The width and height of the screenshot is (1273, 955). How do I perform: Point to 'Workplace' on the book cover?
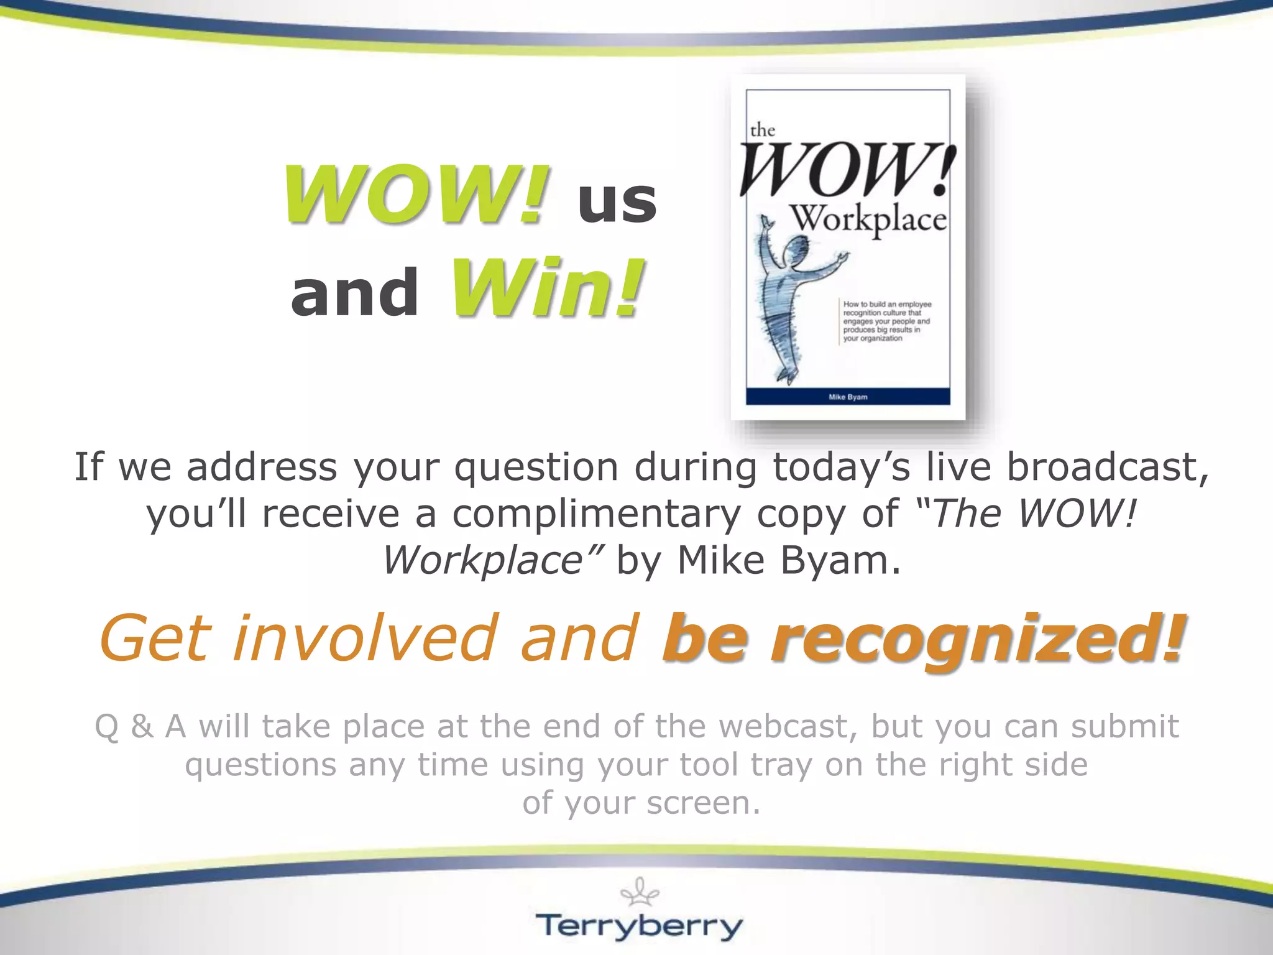[x=868, y=219]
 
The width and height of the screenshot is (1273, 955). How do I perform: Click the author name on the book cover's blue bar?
[x=848, y=397]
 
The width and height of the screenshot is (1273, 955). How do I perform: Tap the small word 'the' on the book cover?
[x=762, y=130]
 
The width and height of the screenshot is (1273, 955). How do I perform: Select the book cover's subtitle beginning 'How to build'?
[x=886, y=321]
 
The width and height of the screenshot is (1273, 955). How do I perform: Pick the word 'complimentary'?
[x=596, y=514]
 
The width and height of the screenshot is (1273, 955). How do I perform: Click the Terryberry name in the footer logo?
[x=640, y=926]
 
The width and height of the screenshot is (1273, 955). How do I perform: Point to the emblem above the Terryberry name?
[x=640, y=892]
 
